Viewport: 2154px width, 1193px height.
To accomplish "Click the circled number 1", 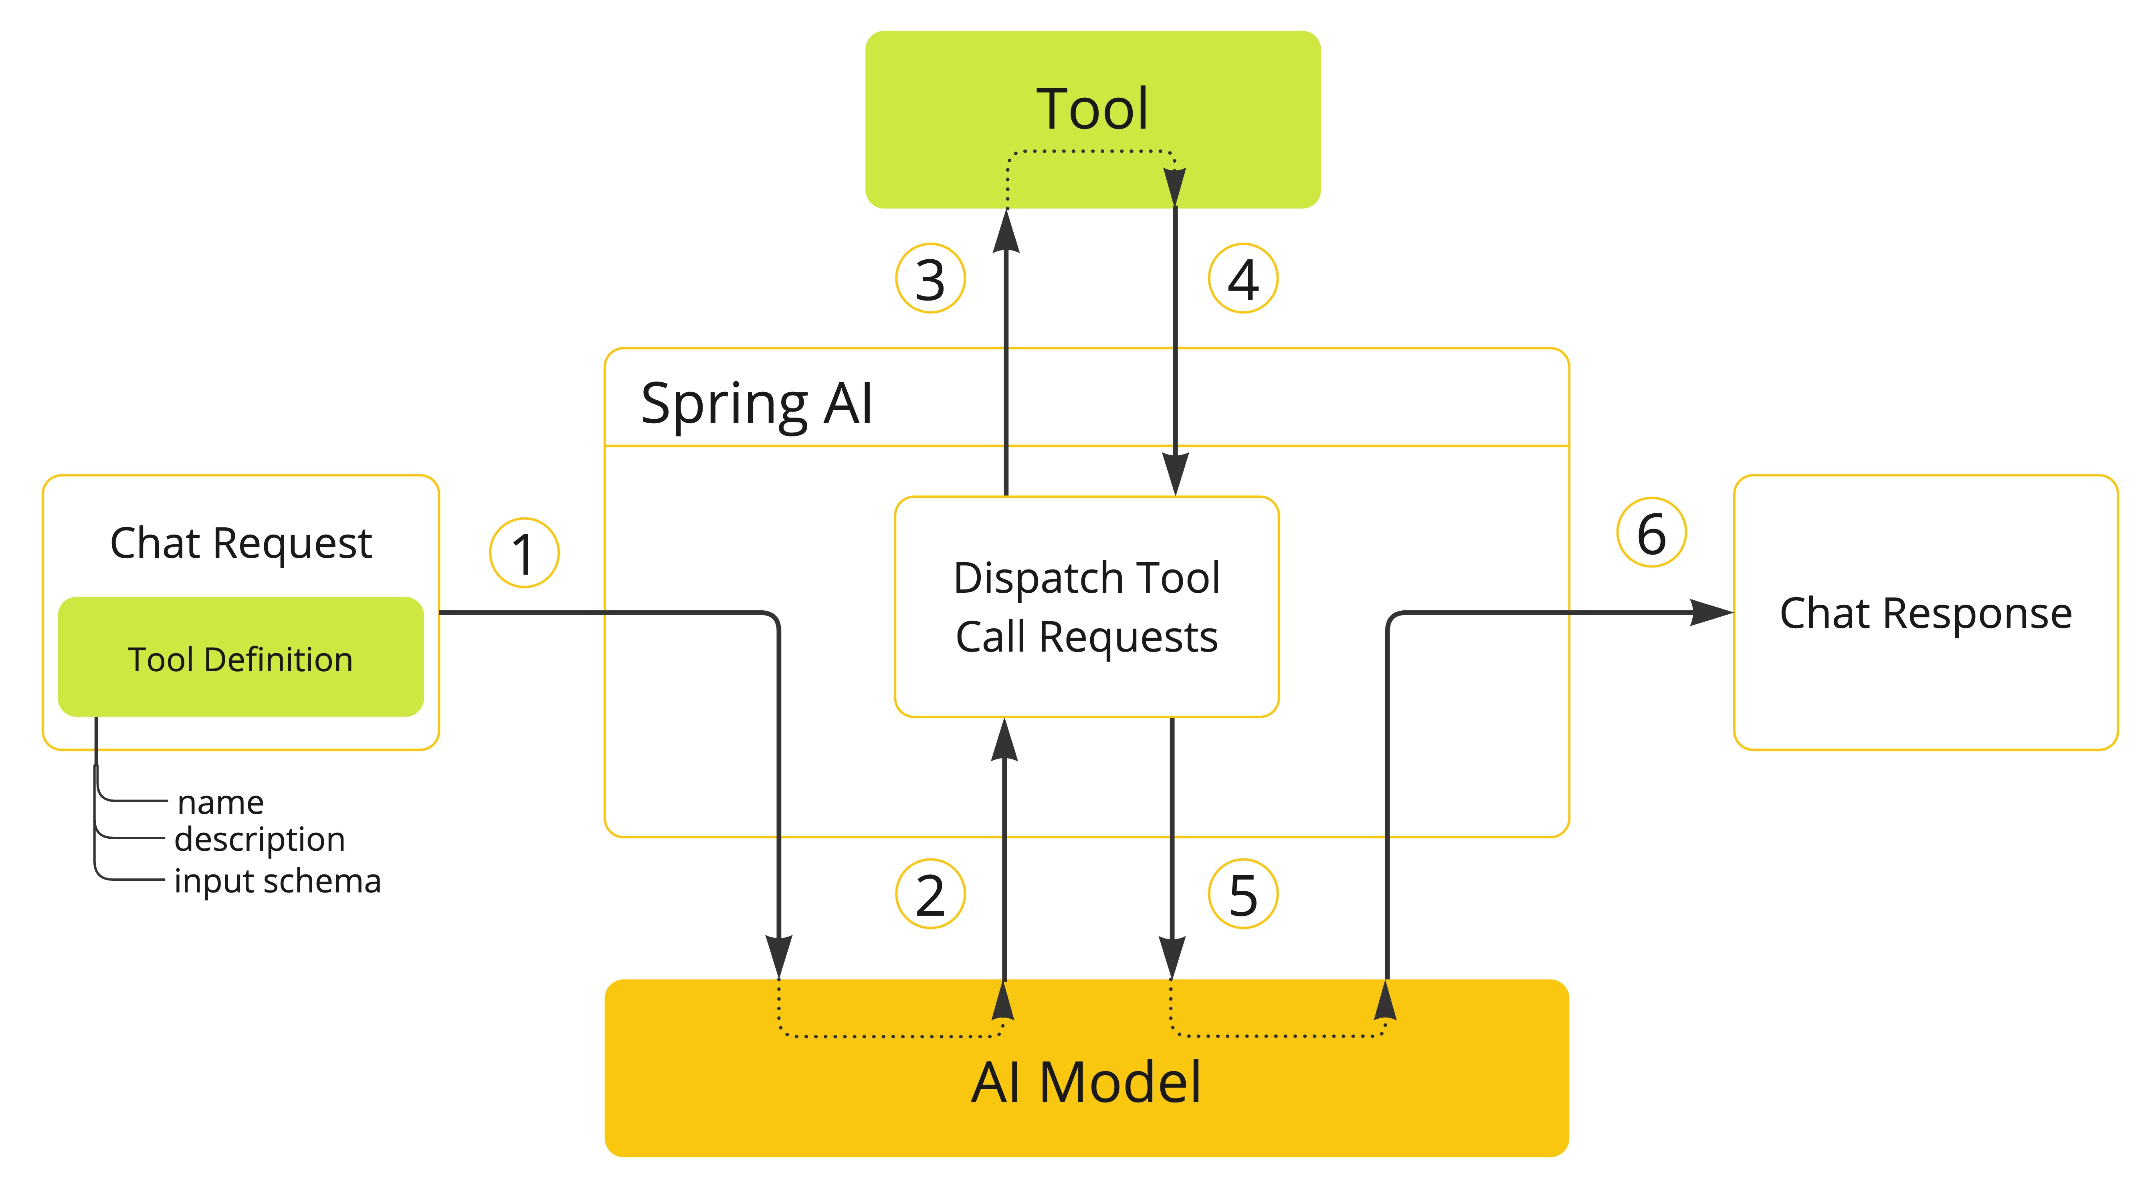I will pyautogui.click(x=523, y=553).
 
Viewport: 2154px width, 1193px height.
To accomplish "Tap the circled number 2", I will pyautogui.click(x=930, y=894).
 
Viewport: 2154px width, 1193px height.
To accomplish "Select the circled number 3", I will pyautogui.click(x=930, y=279).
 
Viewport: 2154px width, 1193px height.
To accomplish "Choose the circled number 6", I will pyautogui.click(x=1651, y=533).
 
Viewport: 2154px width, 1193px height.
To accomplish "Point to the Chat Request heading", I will pyautogui.click(x=241, y=543).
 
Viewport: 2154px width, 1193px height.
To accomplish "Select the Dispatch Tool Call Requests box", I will pyautogui.click(x=1086, y=607).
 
